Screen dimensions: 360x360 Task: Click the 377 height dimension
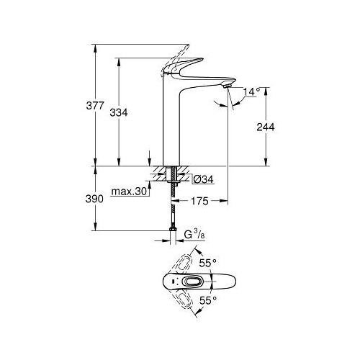(x=95, y=106)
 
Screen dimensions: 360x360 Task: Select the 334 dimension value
(x=119, y=112)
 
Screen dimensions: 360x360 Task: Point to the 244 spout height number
(x=266, y=127)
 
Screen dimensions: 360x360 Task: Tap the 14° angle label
(x=252, y=91)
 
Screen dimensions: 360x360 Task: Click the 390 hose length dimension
(x=94, y=199)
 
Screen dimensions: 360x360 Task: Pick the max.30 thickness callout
(x=129, y=192)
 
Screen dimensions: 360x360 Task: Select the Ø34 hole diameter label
(x=203, y=179)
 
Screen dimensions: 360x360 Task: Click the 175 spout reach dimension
(x=199, y=201)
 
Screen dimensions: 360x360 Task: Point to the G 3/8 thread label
(x=194, y=234)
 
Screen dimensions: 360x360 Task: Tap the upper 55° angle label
(x=208, y=263)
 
